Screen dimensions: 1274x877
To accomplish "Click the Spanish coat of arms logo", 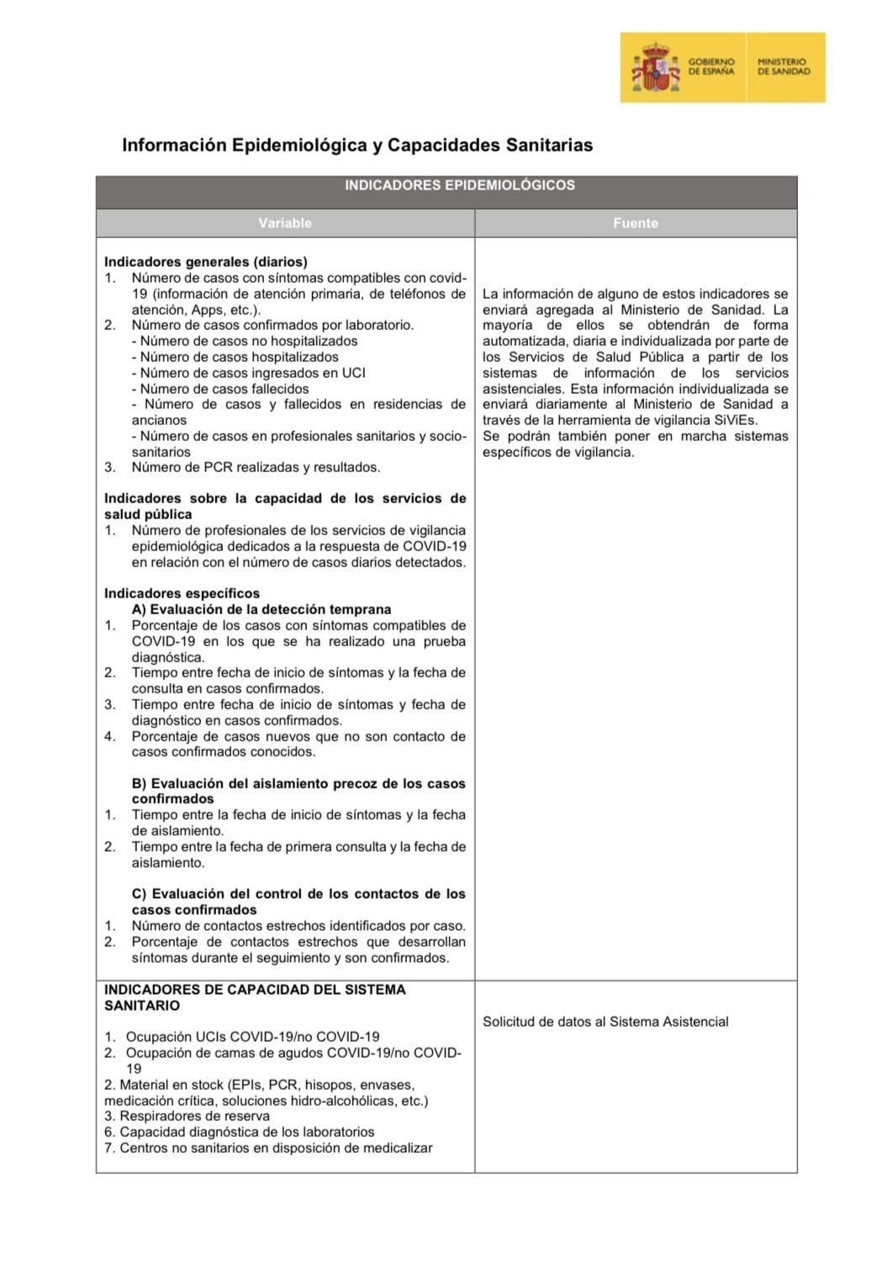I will click(x=655, y=68).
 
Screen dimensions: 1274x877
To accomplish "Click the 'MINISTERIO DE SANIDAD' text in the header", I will click(x=782, y=66).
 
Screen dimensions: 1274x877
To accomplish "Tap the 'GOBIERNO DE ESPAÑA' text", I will click(x=711, y=66).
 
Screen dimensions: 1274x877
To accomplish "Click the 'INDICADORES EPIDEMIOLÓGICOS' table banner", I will click(x=459, y=185).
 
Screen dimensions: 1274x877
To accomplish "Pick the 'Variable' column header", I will click(x=285, y=223).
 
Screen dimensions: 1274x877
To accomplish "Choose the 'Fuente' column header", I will click(x=635, y=223).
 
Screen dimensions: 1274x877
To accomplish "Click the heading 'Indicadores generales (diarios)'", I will click(x=205, y=262).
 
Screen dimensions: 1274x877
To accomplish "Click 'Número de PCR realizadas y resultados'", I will click(x=256, y=467).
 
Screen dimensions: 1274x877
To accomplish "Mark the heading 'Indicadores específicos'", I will click(x=182, y=593).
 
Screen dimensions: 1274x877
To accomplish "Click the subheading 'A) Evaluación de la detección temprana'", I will click(x=261, y=609).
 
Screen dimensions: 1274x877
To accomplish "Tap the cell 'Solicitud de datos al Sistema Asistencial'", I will click(x=605, y=1022).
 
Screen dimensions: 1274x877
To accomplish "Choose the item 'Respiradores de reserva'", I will click(x=194, y=1116).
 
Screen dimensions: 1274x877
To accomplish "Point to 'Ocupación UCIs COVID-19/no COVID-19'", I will click(x=252, y=1037).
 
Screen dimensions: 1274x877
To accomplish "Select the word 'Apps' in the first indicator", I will click(x=208, y=310).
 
